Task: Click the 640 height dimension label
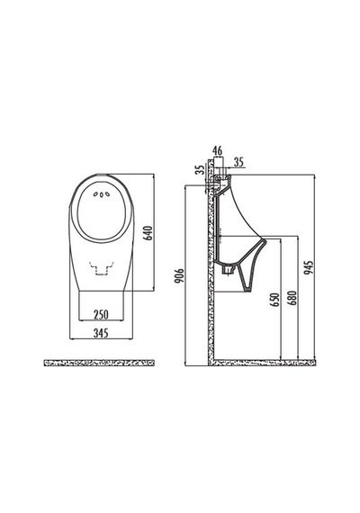pyautogui.click(x=148, y=233)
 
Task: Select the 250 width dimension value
pyautogui.click(x=101, y=314)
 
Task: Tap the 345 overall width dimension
pyautogui.click(x=101, y=333)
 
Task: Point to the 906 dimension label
pyautogui.click(x=180, y=276)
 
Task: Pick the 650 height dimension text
pyautogui.click(x=276, y=300)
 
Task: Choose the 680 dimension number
pyautogui.click(x=292, y=298)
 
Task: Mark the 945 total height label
pyautogui.click(x=309, y=267)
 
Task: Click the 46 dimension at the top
pyautogui.click(x=217, y=151)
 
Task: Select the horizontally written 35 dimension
pyautogui.click(x=239, y=162)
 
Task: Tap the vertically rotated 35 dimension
pyautogui.click(x=199, y=169)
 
